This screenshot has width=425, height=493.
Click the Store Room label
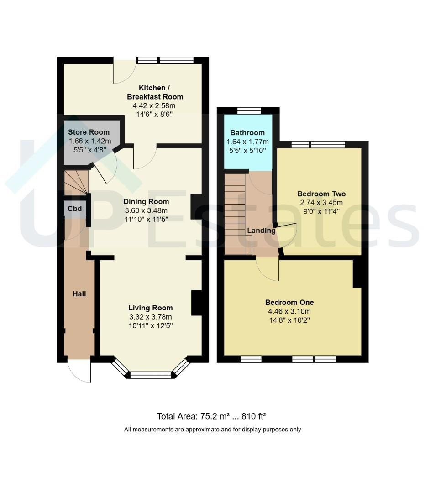click(x=89, y=132)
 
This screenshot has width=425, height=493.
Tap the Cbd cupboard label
click(x=74, y=209)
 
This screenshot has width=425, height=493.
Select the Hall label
click(x=79, y=294)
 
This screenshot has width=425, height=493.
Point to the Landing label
click(x=261, y=231)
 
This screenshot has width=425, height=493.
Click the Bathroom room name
click(x=247, y=133)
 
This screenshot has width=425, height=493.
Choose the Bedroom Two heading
click(x=321, y=194)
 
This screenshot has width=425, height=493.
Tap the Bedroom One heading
click(x=289, y=302)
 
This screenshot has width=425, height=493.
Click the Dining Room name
click(x=146, y=202)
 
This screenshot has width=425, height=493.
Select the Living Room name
click(x=151, y=308)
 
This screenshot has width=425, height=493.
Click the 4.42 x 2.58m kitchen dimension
click(x=154, y=105)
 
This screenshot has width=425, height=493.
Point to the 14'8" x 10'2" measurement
click(x=289, y=320)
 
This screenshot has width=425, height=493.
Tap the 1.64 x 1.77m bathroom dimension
click(x=248, y=142)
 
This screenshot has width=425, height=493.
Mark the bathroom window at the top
click(x=249, y=110)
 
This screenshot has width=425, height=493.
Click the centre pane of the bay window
click(x=151, y=375)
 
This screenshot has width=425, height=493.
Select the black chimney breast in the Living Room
click(x=197, y=303)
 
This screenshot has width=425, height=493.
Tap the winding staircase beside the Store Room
click(x=76, y=183)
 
